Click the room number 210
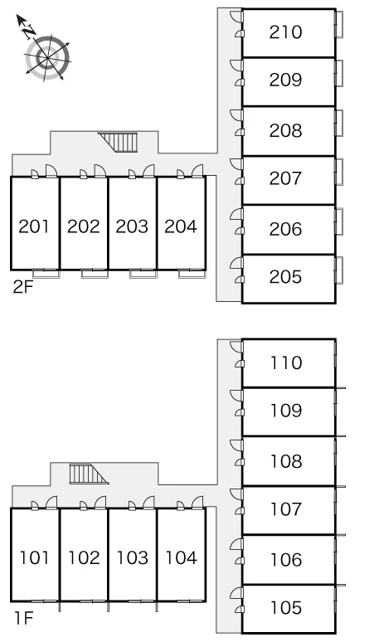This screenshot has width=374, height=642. (285, 32)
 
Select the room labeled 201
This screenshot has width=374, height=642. (34, 226)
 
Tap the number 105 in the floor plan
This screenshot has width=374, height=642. (286, 608)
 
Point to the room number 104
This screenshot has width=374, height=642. (182, 557)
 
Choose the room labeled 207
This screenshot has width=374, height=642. (285, 178)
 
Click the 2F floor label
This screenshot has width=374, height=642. (23, 287)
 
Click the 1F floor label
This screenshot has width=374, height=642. (24, 618)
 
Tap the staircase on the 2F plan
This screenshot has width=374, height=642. (118, 142)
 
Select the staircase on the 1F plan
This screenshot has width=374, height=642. (89, 474)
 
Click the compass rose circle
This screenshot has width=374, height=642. (47, 57)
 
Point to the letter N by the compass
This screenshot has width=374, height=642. (29, 32)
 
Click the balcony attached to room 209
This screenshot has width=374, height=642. (339, 74)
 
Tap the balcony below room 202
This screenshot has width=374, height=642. (94, 274)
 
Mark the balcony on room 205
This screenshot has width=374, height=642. (339, 270)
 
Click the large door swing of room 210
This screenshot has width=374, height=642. (236, 17)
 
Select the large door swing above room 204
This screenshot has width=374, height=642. (197, 171)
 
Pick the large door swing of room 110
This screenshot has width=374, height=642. (236, 348)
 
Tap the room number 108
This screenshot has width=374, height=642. (286, 461)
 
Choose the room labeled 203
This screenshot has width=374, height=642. (132, 226)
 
